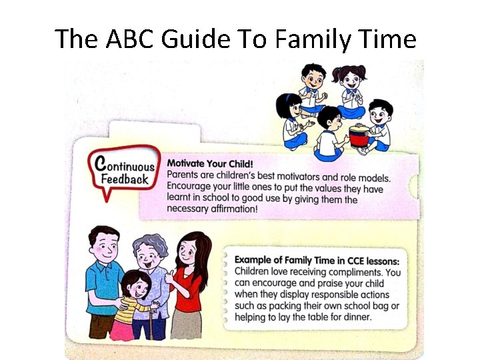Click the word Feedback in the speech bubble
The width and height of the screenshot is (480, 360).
point(125,179)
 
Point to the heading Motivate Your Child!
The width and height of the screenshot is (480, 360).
point(210,163)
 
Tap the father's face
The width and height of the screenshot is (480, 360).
point(105,247)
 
